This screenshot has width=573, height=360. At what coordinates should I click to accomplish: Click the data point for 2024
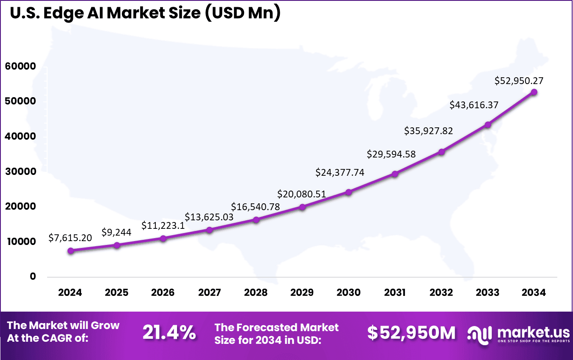(x=70, y=250)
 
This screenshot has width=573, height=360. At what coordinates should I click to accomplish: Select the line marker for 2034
(x=534, y=92)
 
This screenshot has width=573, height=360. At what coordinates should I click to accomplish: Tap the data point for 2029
(x=302, y=207)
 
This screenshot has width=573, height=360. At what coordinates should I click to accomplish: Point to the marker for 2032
(x=441, y=152)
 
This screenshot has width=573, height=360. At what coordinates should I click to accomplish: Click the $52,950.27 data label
(x=519, y=81)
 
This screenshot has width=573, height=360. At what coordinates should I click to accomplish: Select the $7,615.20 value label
(x=70, y=238)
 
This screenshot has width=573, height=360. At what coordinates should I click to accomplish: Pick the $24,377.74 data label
(x=340, y=172)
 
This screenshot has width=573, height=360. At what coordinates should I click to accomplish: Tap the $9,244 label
(x=116, y=232)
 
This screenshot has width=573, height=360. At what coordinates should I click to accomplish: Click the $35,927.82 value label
(x=429, y=131)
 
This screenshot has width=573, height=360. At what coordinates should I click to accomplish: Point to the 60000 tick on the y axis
(x=20, y=67)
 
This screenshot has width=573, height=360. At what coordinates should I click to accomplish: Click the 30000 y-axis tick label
(x=20, y=172)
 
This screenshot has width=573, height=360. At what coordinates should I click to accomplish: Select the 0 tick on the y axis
(x=33, y=276)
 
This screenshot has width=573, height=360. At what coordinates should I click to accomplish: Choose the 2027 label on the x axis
(x=209, y=292)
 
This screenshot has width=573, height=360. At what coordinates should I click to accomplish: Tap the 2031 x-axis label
(x=395, y=292)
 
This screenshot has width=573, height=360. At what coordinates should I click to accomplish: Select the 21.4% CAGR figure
(x=169, y=332)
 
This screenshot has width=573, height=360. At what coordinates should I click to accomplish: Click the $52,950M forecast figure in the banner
(x=411, y=333)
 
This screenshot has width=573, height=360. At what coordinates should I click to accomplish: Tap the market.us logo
(x=517, y=334)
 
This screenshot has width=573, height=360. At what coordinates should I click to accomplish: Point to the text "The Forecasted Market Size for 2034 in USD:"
(x=276, y=333)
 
